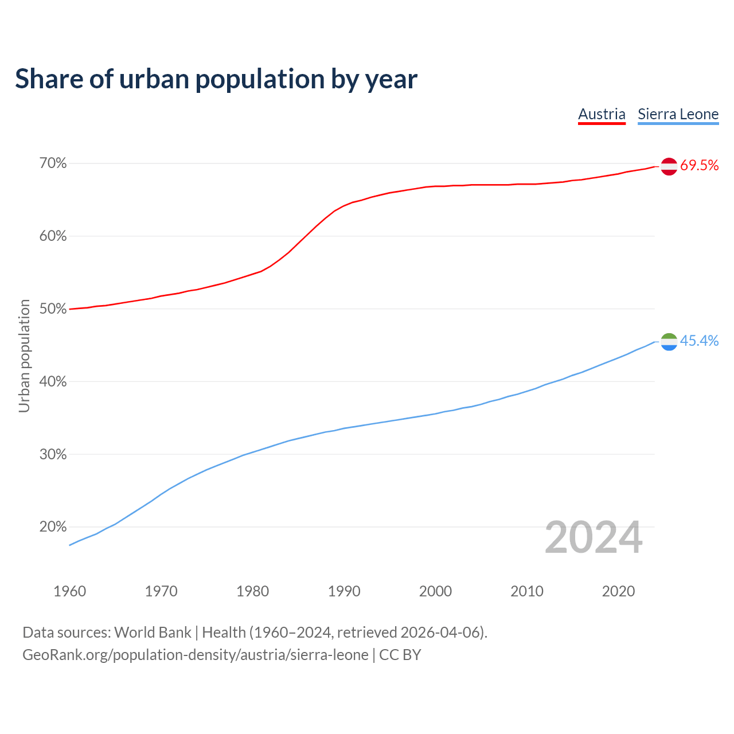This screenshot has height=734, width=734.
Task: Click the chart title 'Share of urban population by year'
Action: tap(216, 79)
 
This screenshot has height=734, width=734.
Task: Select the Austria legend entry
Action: tap(602, 114)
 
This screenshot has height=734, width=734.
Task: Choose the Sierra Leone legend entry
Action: tap(678, 114)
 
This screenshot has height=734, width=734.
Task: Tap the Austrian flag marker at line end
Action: tap(669, 166)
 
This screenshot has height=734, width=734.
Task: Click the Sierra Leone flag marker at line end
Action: tap(669, 342)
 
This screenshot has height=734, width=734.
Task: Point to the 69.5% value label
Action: tap(699, 166)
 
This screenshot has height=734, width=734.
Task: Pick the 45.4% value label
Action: tap(699, 341)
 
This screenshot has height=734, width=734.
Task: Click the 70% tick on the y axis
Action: tap(53, 164)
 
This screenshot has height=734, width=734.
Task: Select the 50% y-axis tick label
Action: tap(53, 309)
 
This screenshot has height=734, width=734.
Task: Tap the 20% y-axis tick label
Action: tap(53, 527)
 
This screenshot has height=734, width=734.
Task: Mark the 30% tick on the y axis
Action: tap(53, 455)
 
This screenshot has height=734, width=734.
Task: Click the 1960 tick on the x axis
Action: tap(69, 591)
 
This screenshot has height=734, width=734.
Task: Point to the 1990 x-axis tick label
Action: tap(344, 591)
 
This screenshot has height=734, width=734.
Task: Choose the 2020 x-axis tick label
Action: tap(618, 591)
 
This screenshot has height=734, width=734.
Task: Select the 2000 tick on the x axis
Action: tap(435, 591)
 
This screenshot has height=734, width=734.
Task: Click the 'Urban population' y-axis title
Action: tap(24, 356)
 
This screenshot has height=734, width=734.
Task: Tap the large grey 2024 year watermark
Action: tap(594, 537)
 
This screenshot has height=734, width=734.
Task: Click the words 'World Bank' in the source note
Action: tap(153, 633)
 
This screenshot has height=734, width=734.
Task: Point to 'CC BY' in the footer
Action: tap(400, 655)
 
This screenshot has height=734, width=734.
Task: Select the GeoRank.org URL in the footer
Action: tap(195, 655)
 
